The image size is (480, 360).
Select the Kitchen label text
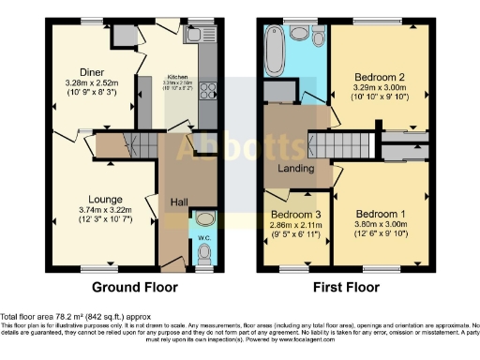[x=179, y=77]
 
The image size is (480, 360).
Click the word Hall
[x=180, y=202]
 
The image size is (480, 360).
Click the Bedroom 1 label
[x=380, y=213]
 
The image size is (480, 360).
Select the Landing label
[x=296, y=168]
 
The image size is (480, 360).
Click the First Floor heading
[x=344, y=287]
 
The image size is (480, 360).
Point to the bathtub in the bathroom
[x=274, y=48]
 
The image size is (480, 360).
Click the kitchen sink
[x=198, y=36]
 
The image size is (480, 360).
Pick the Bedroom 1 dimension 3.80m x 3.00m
[x=380, y=225]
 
